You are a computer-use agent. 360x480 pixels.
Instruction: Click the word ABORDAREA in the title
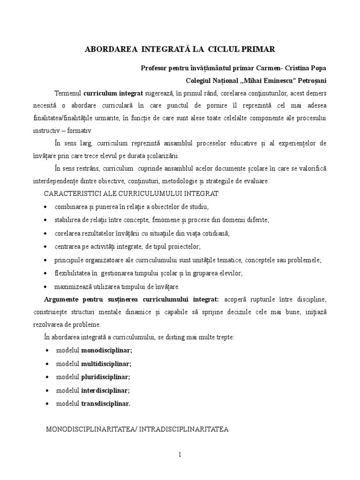tap(104, 49)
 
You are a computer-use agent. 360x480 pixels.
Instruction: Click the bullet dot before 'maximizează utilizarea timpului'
tap(45, 286)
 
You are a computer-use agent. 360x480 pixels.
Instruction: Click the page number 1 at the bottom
tap(180, 454)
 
